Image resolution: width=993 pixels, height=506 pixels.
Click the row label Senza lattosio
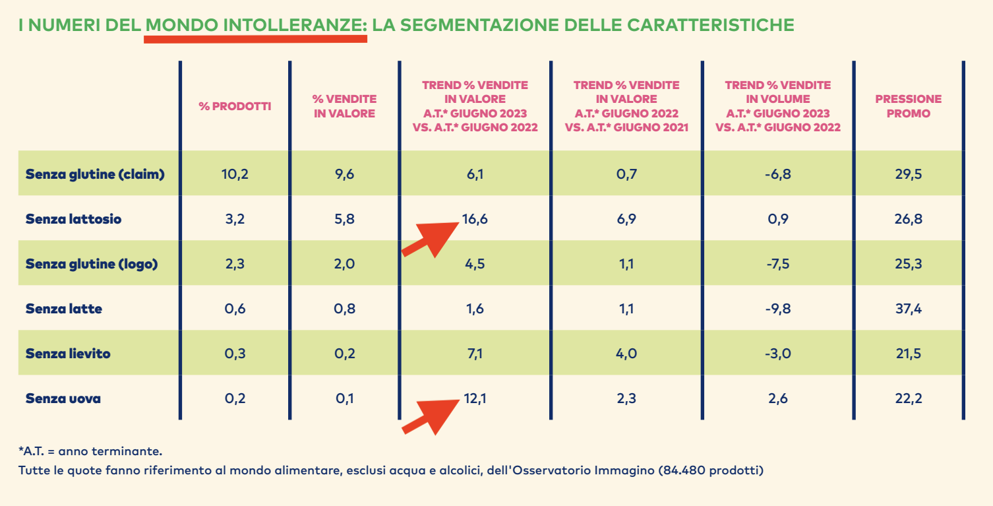coord(73,219)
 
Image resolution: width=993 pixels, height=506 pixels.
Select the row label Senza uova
coord(63,398)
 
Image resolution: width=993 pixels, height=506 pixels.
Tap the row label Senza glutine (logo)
coord(92,264)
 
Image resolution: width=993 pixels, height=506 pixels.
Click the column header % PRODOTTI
coord(235,106)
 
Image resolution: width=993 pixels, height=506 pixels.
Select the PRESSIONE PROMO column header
coord(908,106)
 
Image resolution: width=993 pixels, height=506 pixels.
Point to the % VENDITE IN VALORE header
coord(344,106)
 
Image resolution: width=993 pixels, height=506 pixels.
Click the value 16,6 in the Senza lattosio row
coord(475,219)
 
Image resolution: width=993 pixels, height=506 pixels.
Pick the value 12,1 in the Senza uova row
coord(475,398)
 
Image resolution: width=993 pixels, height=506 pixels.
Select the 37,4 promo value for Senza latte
coord(909,309)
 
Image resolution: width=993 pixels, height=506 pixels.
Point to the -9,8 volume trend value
coord(777,309)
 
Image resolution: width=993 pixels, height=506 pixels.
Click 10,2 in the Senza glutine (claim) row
coord(235,174)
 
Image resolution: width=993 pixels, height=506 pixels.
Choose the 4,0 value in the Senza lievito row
coord(626,354)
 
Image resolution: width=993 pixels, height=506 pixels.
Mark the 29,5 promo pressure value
coord(909,174)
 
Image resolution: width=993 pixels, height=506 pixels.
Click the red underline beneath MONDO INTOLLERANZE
coord(255,39)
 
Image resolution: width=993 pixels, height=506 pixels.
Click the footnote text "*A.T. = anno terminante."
coord(90,451)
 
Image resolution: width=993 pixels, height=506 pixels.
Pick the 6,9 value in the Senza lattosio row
coord(626,219)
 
